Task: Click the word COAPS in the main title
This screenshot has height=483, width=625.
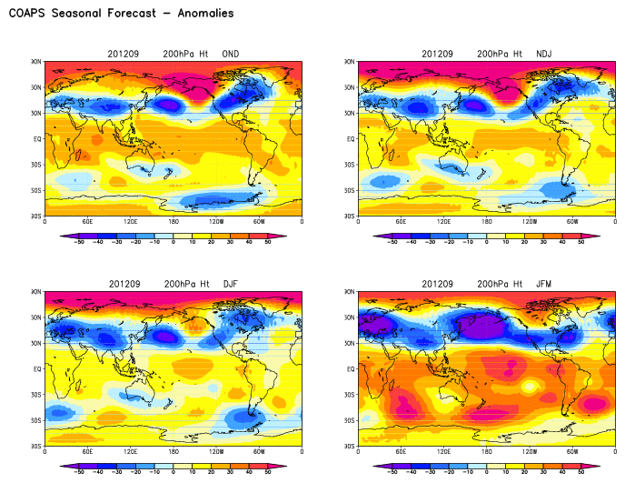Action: (28, 14)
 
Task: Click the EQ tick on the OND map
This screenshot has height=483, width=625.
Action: (36, 139)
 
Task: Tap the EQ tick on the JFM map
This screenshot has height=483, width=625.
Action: (350, 369)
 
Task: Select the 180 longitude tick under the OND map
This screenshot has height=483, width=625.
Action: (173, 221)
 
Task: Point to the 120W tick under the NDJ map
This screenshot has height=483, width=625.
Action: (529, 221)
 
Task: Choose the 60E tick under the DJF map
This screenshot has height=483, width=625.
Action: (87, 451)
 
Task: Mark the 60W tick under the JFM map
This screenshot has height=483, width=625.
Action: (571, 451)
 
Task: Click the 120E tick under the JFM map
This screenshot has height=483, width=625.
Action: (443, 451)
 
